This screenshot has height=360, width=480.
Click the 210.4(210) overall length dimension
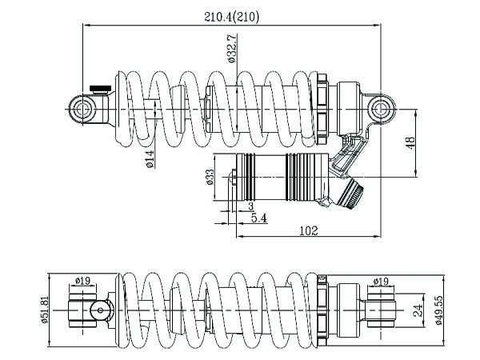click(x=232, y=17)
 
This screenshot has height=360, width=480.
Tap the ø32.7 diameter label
click(x=232, y=48)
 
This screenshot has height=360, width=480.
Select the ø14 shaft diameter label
click(x=150, y=159)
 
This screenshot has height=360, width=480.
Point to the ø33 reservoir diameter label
click(x=210, y=178)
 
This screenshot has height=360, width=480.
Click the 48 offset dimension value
click(x=410, y=142)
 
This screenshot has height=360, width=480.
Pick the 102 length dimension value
click(x=308, y=230)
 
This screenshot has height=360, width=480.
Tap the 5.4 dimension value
click(x=259, y=218)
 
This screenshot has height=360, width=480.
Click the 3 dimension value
click(x=251, y=206)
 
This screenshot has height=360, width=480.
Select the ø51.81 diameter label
click(x=45, y=310)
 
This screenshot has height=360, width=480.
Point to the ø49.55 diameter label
click(x=438, y=310)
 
